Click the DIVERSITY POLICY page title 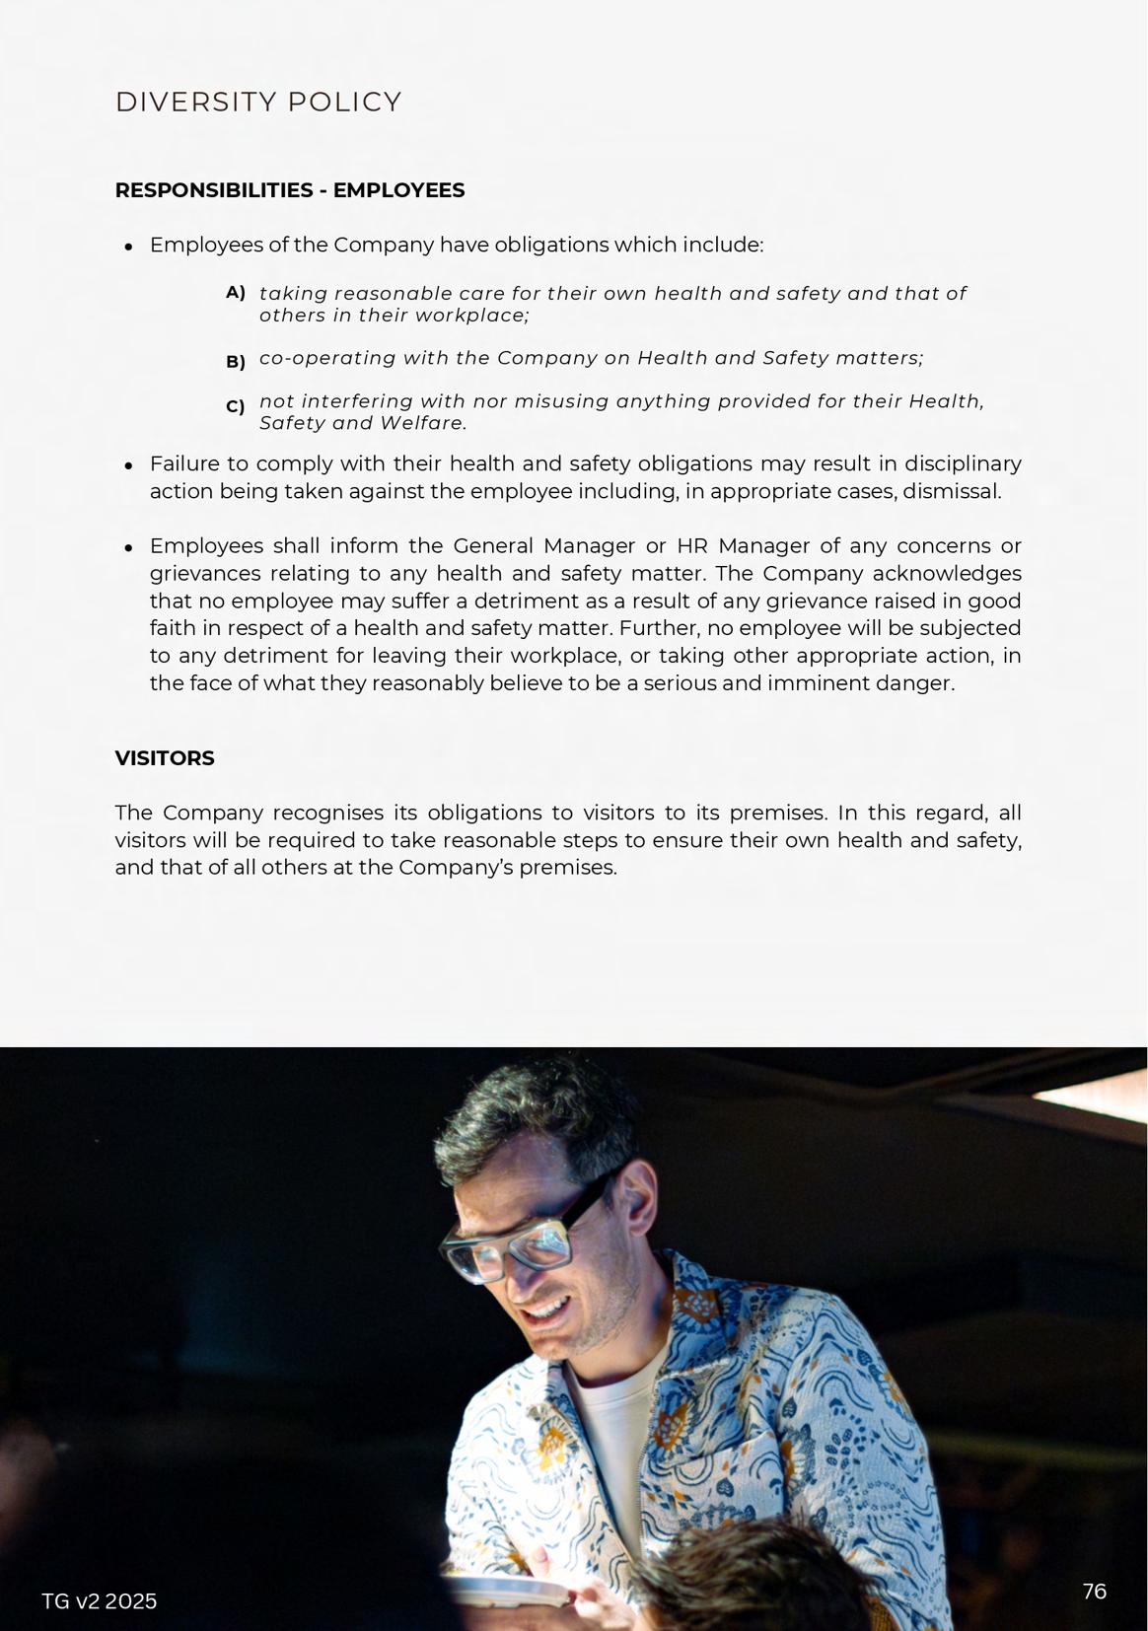pyautogui.click(x=258, y=103)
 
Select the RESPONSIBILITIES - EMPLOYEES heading pyautogui.click(x=289, y=190)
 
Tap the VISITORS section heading pyautogui.click(x=165, y=758)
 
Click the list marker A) pyautogui.click(x=235, y=293)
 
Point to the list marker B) pyautogui.click(x=235, y=362)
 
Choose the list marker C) pyautogui.click(x=235, y=406)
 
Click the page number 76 pyautogui.click(x=1094, y=1592)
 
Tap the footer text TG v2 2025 pyautogui.click(x=99, y=1601)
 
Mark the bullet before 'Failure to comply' pyautogui.click(x=128, y=465)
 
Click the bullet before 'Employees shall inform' pyautogui.click(x=128, y=547)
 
